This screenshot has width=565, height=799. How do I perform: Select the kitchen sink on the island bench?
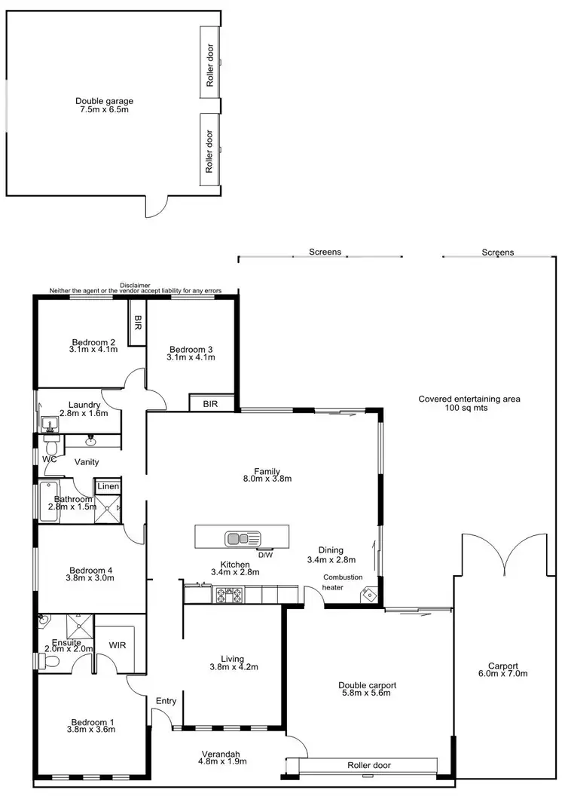tap(243, 538)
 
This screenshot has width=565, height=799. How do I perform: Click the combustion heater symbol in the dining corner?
tap(368, 594)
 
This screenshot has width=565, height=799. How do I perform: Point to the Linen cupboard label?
tap(108, 487)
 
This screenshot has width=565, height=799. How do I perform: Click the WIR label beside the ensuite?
tap(118, 645)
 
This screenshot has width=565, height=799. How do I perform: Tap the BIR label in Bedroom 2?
tap(137, 323)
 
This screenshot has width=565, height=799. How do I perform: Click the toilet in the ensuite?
tap(51, 661)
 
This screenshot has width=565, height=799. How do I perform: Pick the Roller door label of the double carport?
tap(368, 765)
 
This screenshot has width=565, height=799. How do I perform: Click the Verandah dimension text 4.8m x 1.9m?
tap(221, 761)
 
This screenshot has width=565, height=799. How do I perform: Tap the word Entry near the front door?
tap(166, 701)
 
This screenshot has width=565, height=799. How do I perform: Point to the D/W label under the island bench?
tap(264, 555)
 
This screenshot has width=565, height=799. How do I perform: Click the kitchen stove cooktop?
tap(229, 595)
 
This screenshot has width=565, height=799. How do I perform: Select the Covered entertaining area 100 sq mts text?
tap(469, 404)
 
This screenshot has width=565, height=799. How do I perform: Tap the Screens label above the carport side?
tap(498, 253)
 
